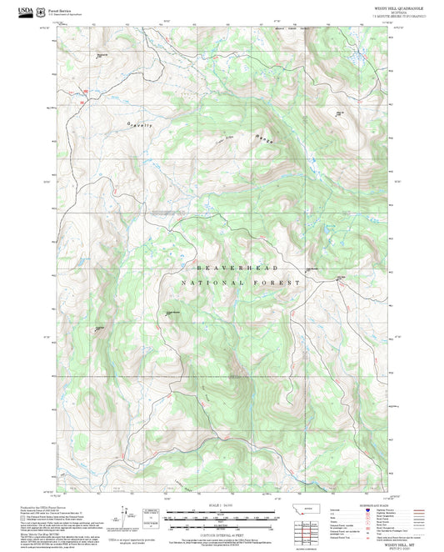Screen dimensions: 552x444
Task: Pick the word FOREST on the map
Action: click(x=280, y=284)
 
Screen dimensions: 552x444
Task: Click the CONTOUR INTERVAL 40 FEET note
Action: click(x=222, y=526)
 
